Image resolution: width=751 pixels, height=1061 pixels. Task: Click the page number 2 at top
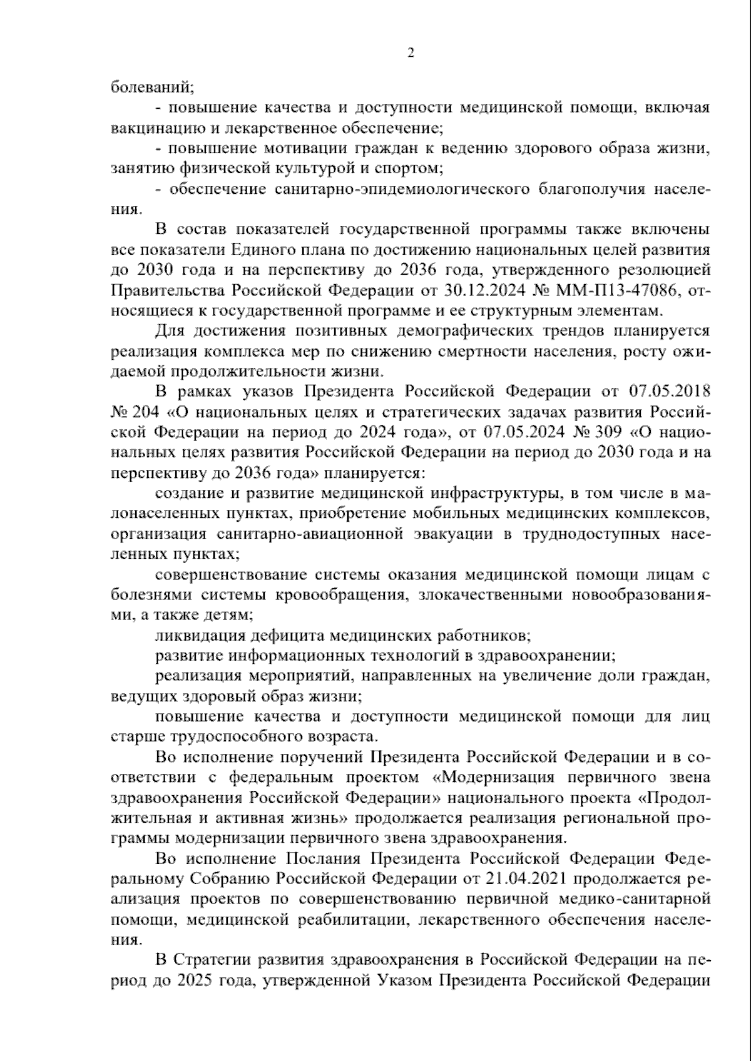tap(411, 53)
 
